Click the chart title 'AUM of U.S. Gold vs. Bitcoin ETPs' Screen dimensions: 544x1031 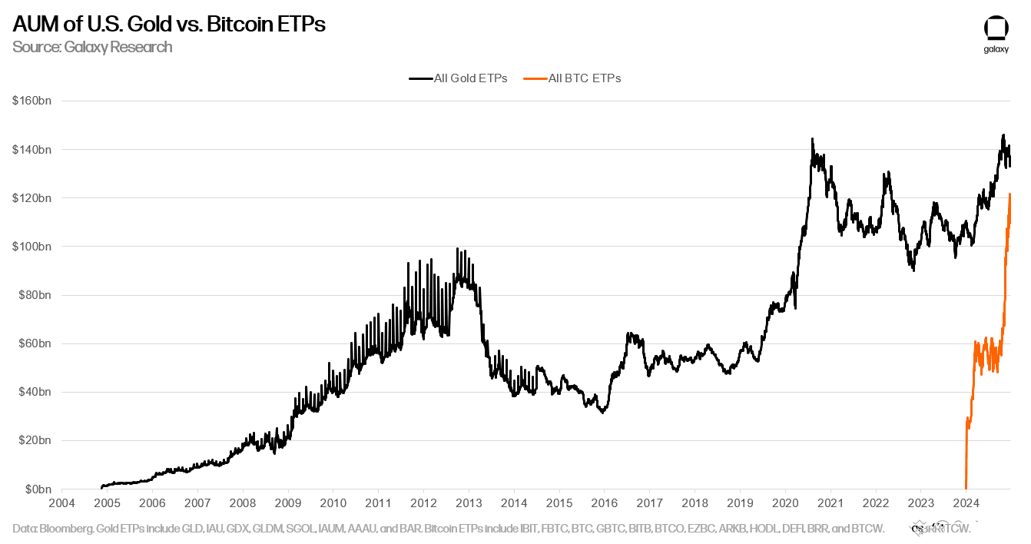pos(169,25)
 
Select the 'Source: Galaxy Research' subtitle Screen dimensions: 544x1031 pos(92,47)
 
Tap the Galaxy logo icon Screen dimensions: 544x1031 pos(996,28)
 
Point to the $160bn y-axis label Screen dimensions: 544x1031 pos(31,101)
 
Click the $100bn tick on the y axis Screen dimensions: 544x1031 pos(31,247)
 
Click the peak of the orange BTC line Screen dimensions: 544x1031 pos(1009,194)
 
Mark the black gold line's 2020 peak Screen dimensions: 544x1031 pos(812,139)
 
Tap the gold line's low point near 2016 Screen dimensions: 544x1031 pos(603,413)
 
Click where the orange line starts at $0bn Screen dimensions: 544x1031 pos(966,489)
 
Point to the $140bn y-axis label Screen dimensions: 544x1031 pos(31,149)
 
